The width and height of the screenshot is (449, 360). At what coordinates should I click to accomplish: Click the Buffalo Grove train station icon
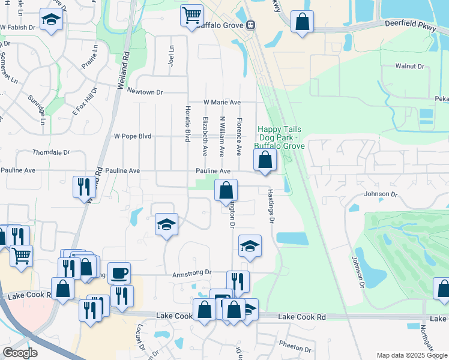(250, 26)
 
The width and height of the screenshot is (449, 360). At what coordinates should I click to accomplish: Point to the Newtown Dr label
(145, 92)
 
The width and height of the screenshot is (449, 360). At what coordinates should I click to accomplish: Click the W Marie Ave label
(221, 103)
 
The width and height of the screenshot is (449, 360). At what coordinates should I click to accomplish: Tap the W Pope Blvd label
(133, 136)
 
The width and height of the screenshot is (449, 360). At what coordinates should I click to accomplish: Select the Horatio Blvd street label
(187, 123)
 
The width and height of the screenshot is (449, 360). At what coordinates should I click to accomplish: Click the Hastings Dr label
(271, 206)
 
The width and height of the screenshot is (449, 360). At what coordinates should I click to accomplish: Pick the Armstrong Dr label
(192, 272)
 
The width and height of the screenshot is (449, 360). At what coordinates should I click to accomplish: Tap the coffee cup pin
(119, 274)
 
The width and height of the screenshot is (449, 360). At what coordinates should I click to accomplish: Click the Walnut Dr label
(409, 67)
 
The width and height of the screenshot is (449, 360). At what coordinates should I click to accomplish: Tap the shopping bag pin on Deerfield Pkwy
(303, 22)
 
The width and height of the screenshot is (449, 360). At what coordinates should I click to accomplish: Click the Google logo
(20, 353)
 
